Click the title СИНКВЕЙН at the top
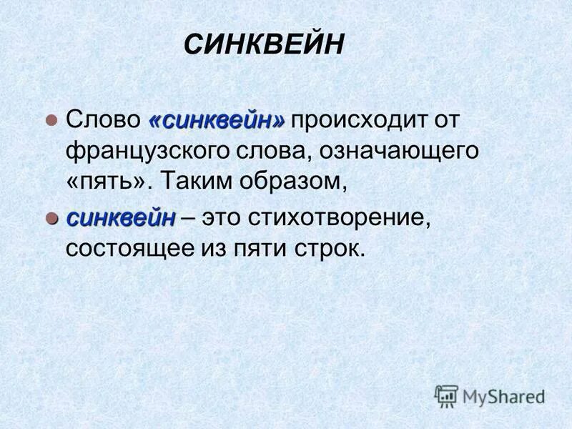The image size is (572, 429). tap(264, 45)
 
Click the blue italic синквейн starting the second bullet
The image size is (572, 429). tap(121, 218)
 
